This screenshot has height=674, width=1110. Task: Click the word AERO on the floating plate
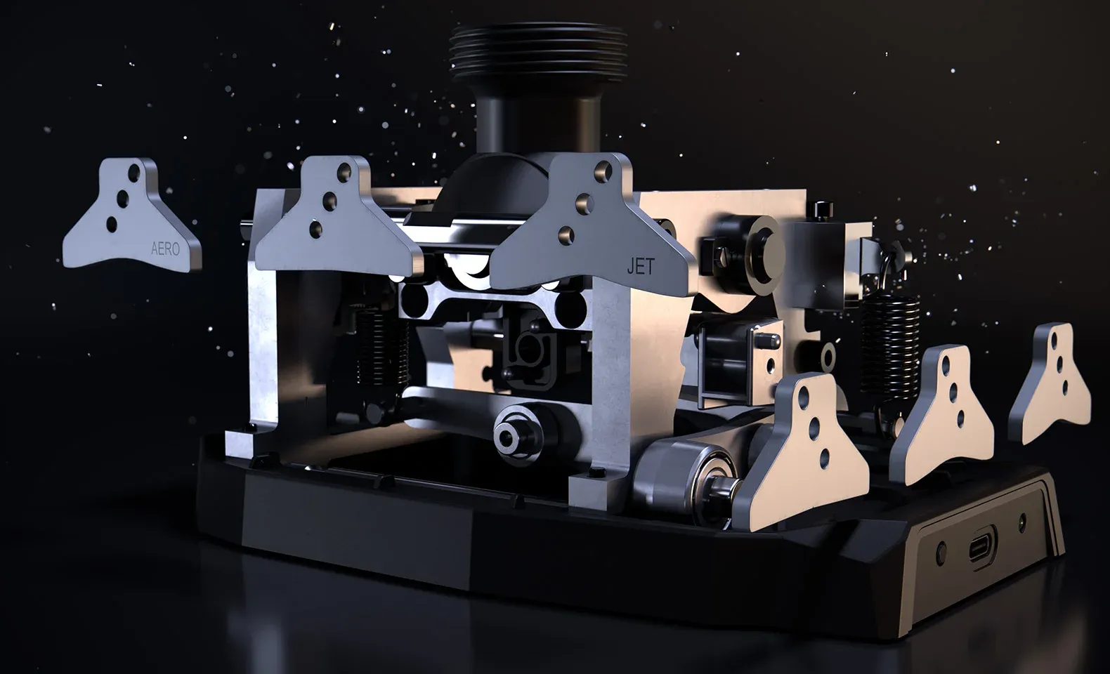click(165, 249)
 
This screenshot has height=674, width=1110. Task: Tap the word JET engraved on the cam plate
click(641, 267)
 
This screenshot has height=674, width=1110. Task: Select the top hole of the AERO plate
click(133, 173)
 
